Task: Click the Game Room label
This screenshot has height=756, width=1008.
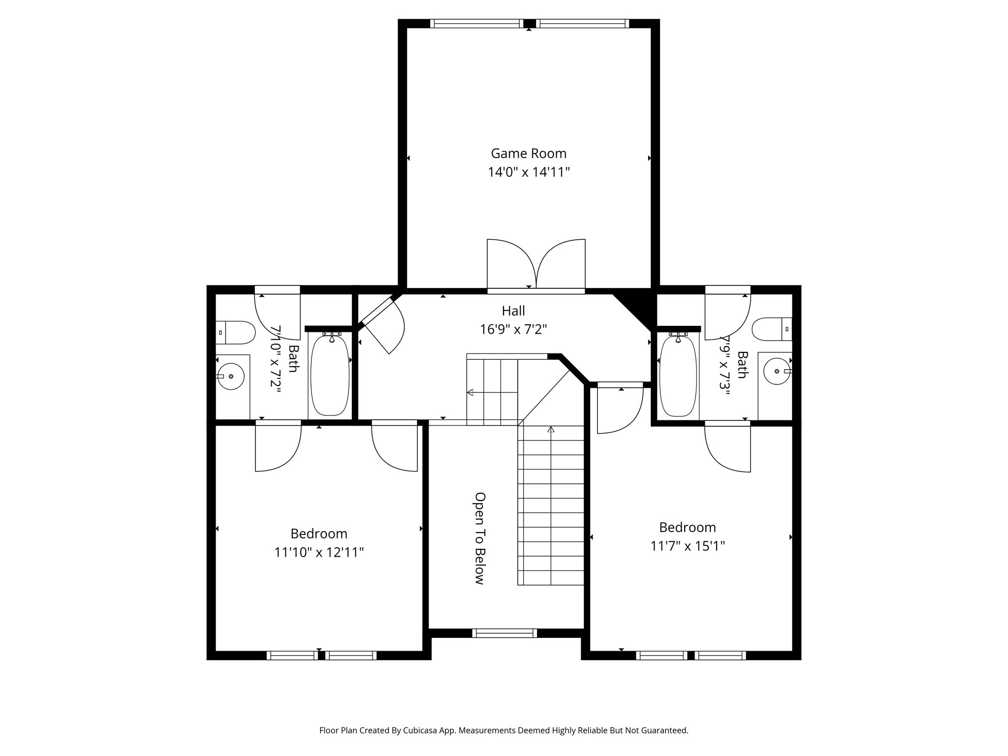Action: click(529, 154)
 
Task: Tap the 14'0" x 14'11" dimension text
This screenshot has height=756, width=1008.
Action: click(529, 172)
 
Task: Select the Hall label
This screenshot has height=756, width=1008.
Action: click(513, 311)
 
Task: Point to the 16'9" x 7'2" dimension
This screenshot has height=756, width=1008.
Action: click(513, 329)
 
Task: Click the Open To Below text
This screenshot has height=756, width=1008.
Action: click(480, 538)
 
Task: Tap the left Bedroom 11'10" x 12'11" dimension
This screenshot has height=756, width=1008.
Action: click(319, 552)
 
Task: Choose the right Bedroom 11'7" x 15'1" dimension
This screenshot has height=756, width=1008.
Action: click(688, 546)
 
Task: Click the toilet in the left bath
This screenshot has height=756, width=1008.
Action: click(236, 333)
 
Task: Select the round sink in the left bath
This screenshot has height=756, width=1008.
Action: click(231, 377)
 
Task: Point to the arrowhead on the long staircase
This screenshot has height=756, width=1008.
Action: click(551, 430)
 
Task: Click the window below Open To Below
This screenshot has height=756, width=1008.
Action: click(504, 633)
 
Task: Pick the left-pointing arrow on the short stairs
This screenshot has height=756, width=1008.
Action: click(470, 392)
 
